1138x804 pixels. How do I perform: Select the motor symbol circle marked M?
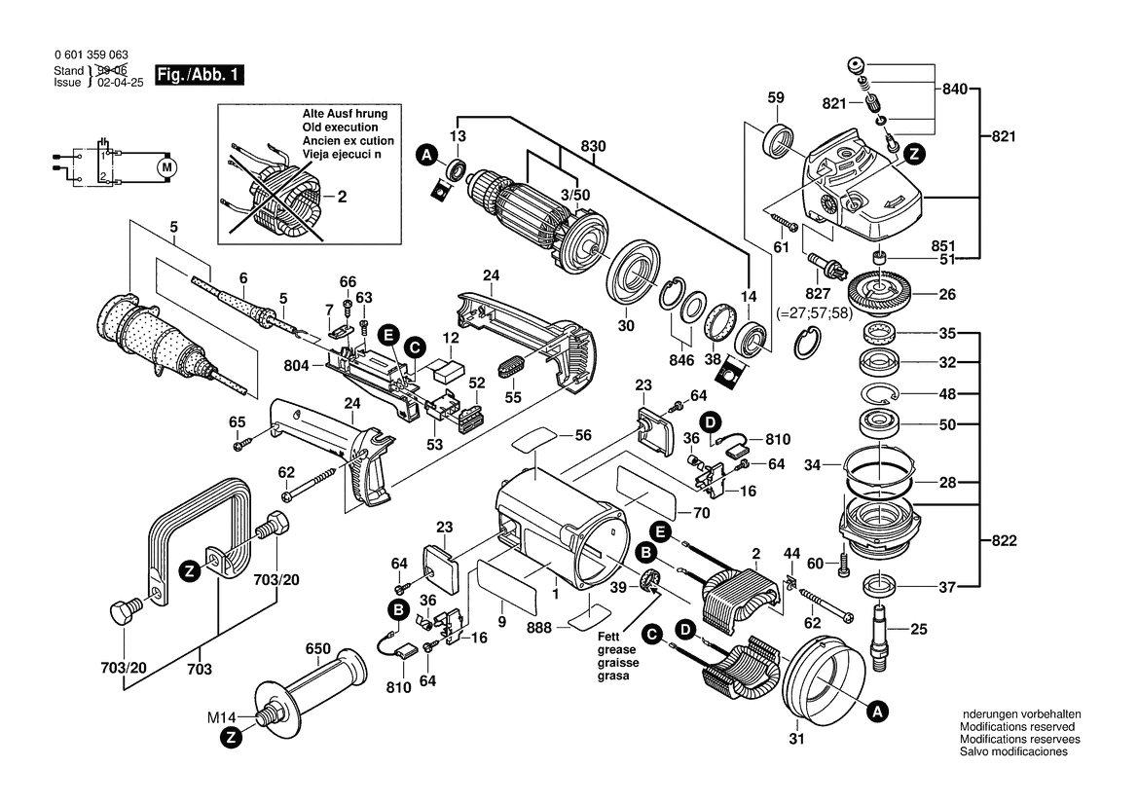point(167,166)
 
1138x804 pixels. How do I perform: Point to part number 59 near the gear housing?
point(776,97)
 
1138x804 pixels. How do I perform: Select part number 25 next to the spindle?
point(918,630)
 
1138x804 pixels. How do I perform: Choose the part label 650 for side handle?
point(318,649)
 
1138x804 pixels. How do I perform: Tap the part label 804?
point(297,366)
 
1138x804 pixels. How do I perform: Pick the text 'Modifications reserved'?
point(1017,727)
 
